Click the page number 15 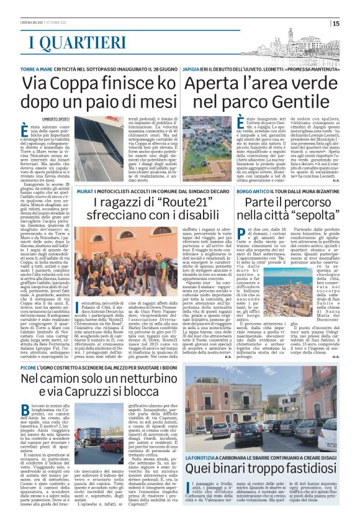click(353, 24)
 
